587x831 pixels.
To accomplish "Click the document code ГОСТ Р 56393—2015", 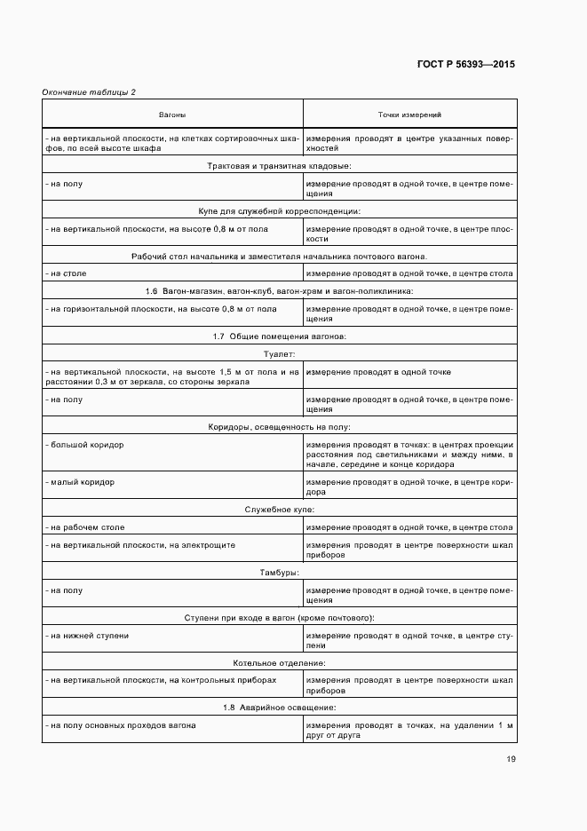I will tap(465, 65).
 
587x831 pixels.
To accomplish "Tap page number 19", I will tap(511, 759).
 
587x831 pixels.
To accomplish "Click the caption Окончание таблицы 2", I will tap(89, 92).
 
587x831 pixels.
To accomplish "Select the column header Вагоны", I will tap(172, 115).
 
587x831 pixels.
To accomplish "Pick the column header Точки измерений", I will tap(409, 115).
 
